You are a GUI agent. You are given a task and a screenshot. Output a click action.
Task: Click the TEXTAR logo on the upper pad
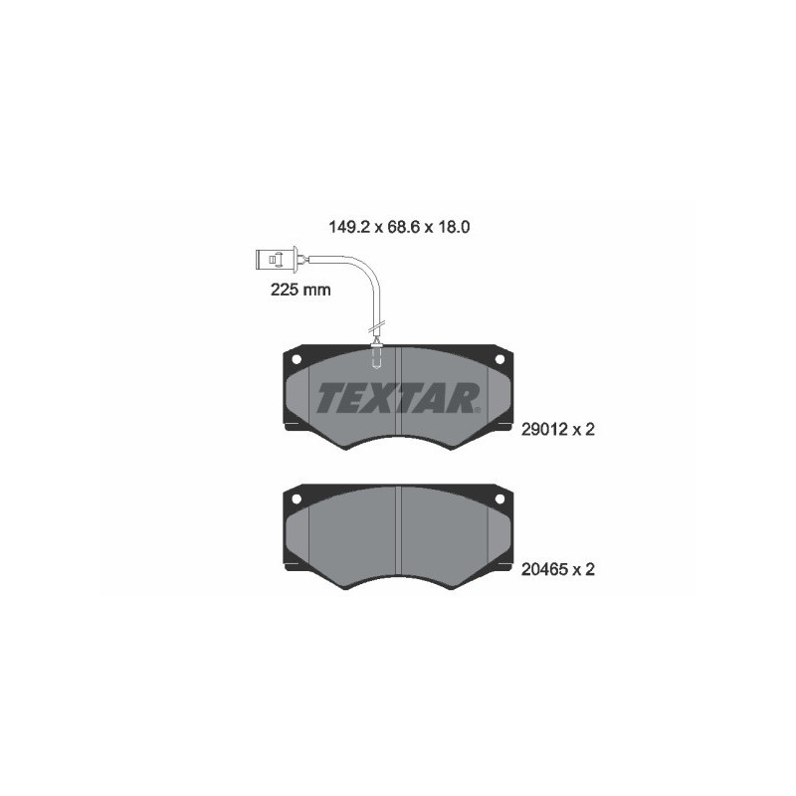point(398,397)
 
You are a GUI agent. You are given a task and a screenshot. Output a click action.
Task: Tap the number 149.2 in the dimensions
point(347,226)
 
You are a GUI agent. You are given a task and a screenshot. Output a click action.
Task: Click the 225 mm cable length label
point(299,291)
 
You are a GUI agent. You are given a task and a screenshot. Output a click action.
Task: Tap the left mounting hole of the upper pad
point(297,359)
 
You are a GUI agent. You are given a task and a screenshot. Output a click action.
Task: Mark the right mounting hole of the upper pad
point(500,359)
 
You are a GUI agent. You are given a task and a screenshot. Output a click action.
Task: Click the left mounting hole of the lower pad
point(297,497)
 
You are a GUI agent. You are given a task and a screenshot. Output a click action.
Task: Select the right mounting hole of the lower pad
point(500,497)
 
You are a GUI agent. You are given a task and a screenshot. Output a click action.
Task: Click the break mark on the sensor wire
point(376,325)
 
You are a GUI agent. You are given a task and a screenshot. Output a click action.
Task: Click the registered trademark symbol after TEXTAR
point(479,409)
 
